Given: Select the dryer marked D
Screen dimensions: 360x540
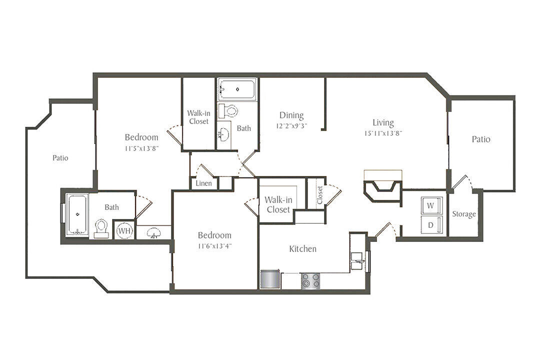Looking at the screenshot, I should coord(430,224).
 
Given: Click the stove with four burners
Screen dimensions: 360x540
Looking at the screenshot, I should coord(310,281).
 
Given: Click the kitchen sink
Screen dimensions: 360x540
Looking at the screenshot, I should coord(358,260).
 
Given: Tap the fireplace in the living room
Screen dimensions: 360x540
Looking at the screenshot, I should coord(382,188).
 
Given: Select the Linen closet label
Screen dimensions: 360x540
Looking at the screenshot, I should coord(203,183).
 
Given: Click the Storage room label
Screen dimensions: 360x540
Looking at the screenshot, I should coord(463,214).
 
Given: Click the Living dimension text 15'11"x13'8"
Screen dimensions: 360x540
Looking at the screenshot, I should coord(383,133).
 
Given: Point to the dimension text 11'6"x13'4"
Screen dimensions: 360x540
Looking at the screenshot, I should coord(214,245).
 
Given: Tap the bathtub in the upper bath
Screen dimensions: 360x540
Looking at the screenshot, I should coord(237,89).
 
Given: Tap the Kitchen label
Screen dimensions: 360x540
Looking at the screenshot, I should coord(302,248).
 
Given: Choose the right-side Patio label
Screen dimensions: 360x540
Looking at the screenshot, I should coord(481,139).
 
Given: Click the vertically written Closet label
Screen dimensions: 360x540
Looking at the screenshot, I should coord(319,195).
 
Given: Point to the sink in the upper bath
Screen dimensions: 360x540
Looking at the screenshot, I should coord(224,133).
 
